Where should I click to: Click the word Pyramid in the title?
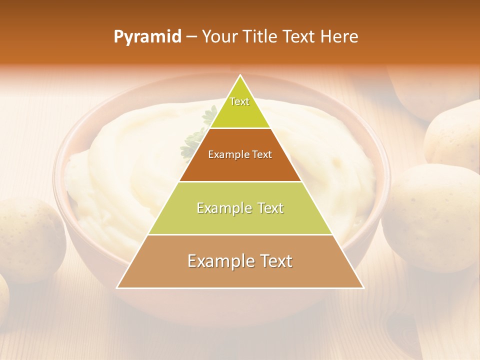pos(147,37)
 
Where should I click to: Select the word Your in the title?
pos(219,36)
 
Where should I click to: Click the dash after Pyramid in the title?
pos(191,37)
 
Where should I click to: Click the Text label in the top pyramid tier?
pos(239,101)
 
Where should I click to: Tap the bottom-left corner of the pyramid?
pos(117,288)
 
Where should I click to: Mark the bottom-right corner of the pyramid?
pos(363,288)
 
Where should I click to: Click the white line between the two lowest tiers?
pos(240,234)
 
